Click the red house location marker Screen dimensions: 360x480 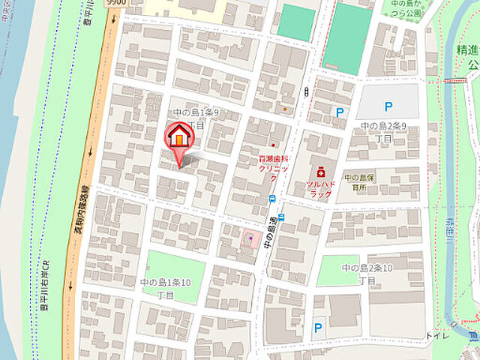(x=179, y=137)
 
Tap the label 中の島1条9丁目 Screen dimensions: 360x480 (x=195, y=118)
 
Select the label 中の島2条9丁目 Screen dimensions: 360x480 (x=383, y=132)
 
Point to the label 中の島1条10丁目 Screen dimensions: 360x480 (x=166, y=289)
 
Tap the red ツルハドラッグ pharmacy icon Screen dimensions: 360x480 (x=320, y=172)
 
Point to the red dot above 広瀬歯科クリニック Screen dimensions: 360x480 (x=274, y=145)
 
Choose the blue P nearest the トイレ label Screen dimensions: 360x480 (x=318, y=327)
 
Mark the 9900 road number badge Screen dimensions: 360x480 (x=116, y=4)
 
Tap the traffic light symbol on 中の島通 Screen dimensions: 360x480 (x=306, y=91)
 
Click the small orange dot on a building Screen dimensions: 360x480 (x=285, y=109)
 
